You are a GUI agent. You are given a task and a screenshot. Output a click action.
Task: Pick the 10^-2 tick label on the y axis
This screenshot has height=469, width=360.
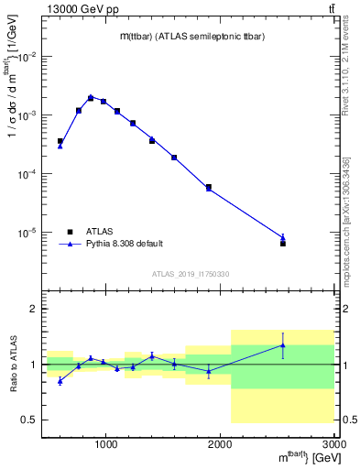click(27, 57)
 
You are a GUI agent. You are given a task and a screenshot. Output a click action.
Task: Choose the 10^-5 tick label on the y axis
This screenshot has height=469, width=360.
click(27, 233)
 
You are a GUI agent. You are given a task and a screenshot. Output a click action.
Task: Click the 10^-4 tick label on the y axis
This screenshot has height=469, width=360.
click(27, 174)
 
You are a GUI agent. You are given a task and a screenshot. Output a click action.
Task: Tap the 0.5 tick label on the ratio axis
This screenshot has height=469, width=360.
click(29, 420)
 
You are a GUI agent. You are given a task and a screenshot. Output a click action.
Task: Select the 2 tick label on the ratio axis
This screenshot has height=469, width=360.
click(33, 310)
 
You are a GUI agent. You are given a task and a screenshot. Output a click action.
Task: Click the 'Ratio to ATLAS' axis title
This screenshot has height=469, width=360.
click(12, 365)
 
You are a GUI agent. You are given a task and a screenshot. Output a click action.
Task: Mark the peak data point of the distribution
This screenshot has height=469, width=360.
click(91, 97)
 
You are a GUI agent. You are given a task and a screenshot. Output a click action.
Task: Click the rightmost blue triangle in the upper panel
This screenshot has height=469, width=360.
click(283, 237)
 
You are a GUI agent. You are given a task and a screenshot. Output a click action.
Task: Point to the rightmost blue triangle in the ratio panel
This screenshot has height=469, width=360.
click(283, 345)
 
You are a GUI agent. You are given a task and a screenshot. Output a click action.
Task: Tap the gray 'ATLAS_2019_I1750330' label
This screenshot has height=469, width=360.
click(191, 274)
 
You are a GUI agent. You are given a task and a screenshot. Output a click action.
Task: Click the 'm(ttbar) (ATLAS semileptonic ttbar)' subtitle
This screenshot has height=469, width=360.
click(191, 36)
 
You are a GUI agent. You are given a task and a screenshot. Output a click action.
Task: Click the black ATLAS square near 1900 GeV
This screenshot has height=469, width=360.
click(209, 187)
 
